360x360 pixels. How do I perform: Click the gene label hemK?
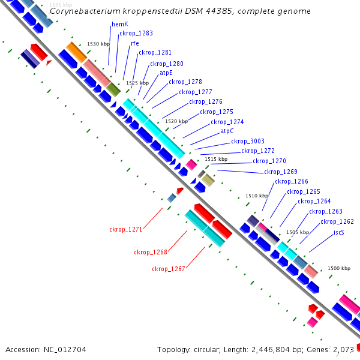120,24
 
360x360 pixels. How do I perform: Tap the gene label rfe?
135,43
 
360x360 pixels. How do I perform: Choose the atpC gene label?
227,131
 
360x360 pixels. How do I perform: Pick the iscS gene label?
339,232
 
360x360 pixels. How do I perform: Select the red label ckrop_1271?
125,229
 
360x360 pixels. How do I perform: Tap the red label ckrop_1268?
151,253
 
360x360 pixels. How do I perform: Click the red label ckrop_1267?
168,269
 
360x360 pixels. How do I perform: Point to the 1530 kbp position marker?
98,44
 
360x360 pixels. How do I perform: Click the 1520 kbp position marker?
176,121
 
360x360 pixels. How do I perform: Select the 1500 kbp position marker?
338,268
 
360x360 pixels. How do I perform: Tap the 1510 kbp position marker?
257,196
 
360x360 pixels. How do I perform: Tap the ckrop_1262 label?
337,222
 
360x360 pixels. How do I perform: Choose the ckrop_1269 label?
281,172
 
